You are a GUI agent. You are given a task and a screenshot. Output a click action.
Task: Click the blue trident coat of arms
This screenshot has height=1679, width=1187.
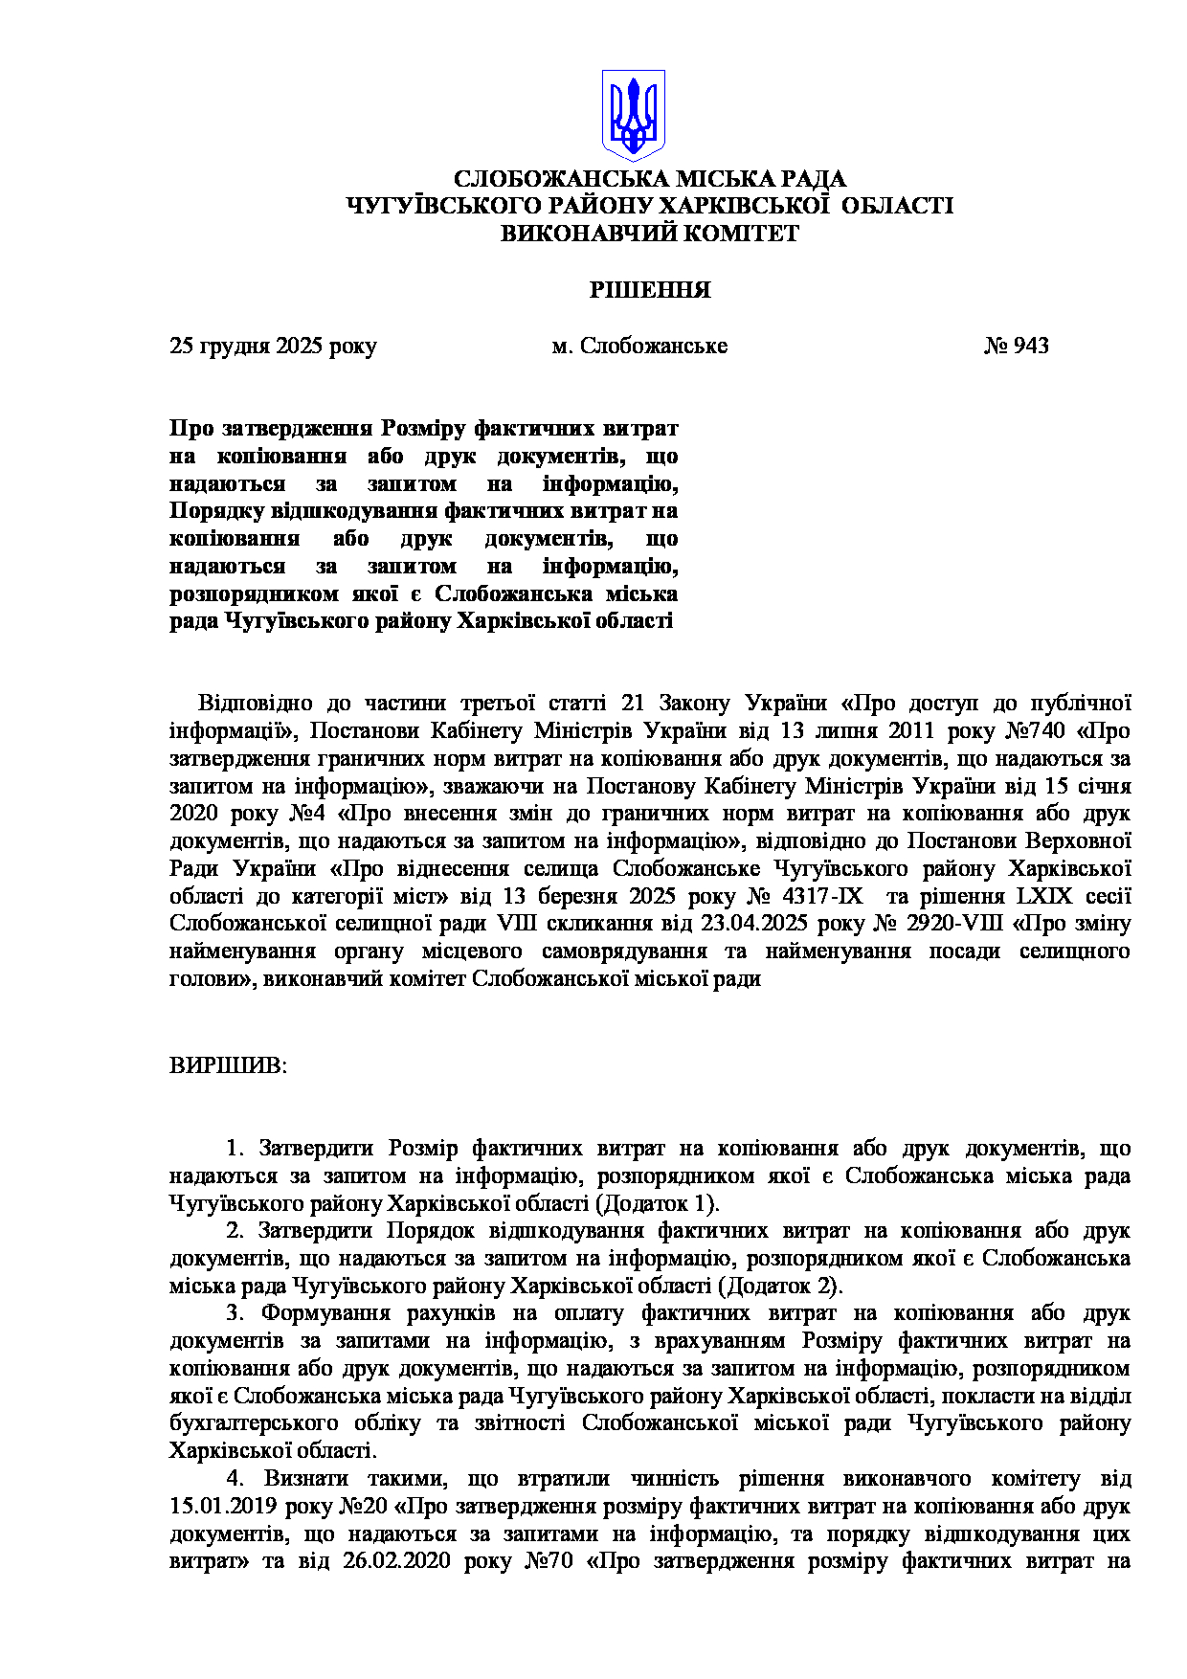tap(633, 114)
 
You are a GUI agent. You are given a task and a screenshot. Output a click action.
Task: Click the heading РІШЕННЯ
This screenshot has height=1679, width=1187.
tap(650, 290)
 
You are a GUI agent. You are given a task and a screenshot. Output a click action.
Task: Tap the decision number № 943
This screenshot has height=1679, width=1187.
tap(1016, 346)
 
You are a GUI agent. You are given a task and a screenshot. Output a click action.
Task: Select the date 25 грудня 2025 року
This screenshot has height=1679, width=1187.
tap(273, 346)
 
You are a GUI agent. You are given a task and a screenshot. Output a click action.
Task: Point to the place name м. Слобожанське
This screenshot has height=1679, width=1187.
tap(638, 346)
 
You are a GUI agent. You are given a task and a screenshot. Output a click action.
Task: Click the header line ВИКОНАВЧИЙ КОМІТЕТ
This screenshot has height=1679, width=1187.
tap(650, 234)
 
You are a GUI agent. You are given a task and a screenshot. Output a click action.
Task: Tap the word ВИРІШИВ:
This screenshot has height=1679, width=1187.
tap(228, 1065)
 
